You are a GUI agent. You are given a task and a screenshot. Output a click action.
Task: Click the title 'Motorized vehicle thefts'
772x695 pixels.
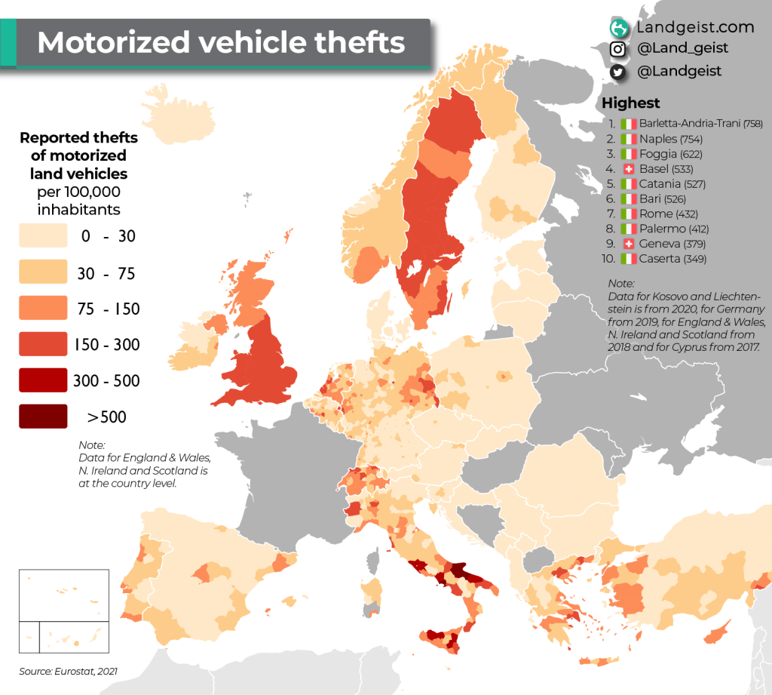click(220, 42)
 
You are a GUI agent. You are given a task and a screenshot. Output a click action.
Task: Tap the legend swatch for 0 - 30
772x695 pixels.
click(42, 236)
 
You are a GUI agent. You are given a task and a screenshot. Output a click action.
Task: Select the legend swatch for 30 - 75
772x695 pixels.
click(42, 272)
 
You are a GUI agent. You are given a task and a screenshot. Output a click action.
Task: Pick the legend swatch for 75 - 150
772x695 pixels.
click(42, 309)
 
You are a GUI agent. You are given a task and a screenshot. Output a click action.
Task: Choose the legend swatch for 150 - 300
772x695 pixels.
click(42, 345)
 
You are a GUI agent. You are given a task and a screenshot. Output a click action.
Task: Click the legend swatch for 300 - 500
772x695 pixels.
click(42, 380)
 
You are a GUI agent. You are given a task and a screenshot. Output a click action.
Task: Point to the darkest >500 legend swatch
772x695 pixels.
click(42, 417)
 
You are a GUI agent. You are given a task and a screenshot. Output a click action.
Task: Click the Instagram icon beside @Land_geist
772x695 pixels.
click(618, 49)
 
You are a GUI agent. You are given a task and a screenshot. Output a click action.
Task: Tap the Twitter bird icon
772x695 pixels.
click(618, 72)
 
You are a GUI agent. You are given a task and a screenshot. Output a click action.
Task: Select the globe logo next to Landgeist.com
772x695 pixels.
click(619, 28)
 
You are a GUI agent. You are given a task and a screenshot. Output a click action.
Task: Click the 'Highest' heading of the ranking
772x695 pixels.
click(630, 103)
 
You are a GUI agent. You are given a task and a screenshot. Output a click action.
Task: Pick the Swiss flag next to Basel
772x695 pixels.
click(629, 169)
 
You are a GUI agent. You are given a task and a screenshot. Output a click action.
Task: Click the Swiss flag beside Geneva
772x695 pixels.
click(629, 244)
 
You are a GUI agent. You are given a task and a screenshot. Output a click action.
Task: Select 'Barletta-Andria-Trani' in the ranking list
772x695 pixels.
click(689, 124)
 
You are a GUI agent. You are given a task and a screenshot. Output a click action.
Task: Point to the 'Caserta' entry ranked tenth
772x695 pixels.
click(659, 259)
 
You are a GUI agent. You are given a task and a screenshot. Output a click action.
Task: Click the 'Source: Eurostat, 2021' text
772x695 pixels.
click(69, 671)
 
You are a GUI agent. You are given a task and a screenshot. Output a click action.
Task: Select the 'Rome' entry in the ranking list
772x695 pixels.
click(655, 214)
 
